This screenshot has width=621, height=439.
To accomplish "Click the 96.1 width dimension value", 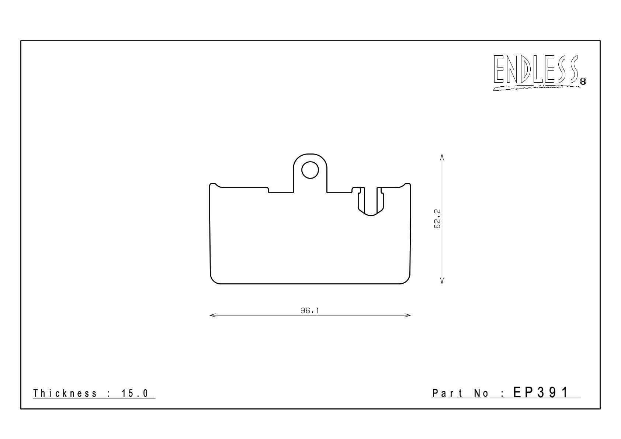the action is point(310,311).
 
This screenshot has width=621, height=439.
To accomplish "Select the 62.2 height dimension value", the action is point(437,219).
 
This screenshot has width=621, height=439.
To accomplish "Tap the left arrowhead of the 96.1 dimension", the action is point(213,315).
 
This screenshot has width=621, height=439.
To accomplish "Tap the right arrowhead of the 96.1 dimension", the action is point(407,315).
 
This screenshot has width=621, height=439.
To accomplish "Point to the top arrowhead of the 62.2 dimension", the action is point(442,157).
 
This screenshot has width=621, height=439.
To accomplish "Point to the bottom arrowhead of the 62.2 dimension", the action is point(442,281).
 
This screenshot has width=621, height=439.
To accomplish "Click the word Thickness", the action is point(65,393).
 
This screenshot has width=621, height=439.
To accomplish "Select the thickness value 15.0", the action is point(135,393).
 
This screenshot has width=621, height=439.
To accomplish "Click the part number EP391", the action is point(541,393).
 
